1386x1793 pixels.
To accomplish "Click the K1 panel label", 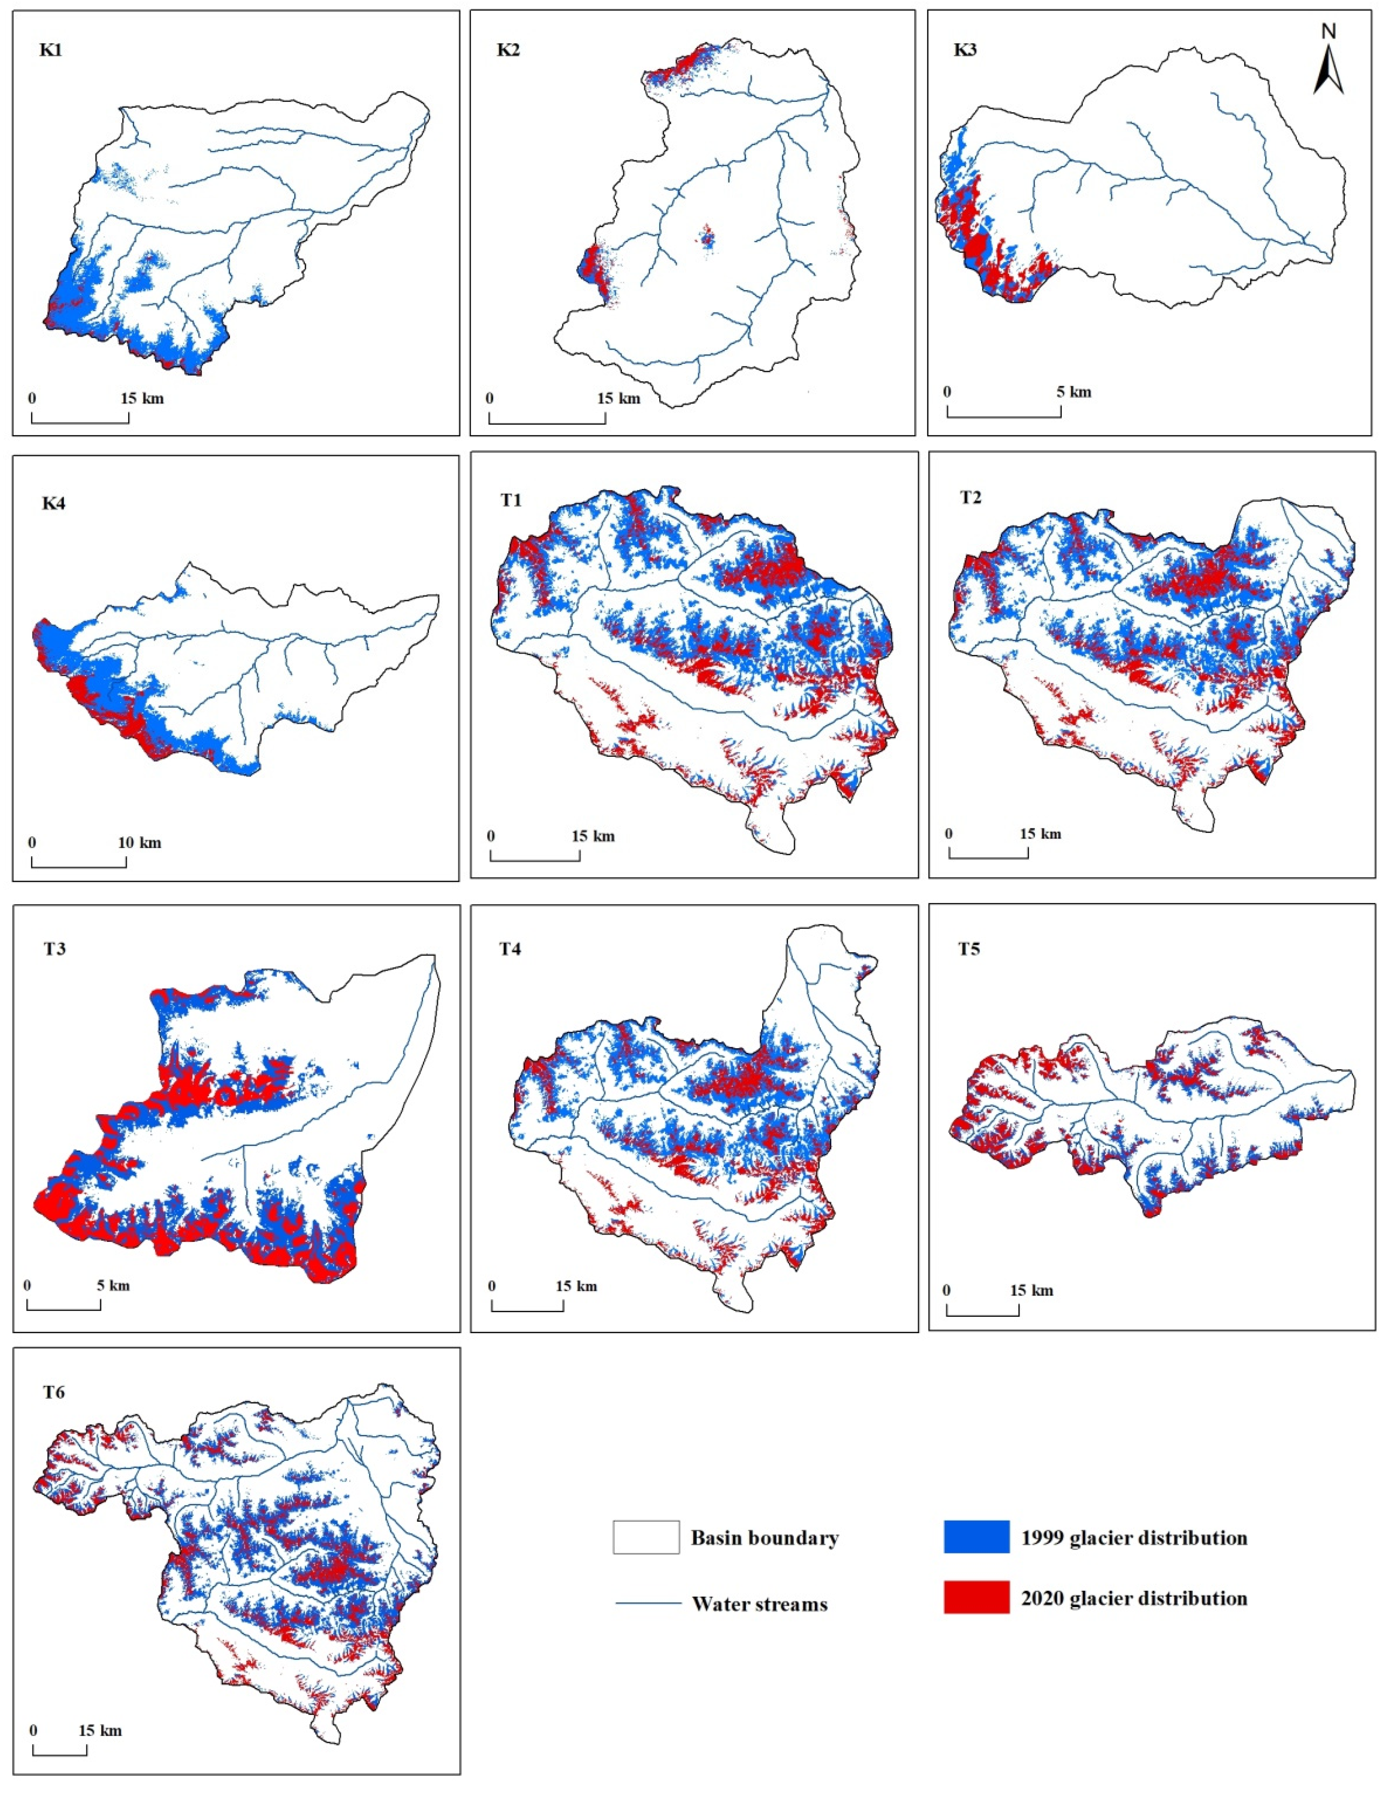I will [51, 50].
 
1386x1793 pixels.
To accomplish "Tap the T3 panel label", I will [54, 949].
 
